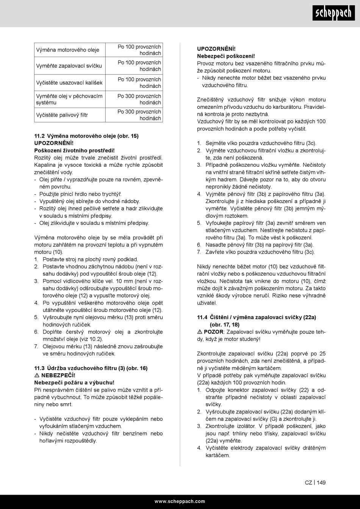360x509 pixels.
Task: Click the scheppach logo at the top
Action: tap(333, 13)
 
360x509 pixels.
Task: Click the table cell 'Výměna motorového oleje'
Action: tap(67, 50)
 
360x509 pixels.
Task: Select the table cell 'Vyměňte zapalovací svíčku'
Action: tap(69, 66)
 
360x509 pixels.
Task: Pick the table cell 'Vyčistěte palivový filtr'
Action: tap(62, 115)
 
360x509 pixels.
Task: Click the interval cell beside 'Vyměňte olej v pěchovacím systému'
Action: tap(139, 99)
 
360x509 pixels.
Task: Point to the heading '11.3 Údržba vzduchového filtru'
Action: tap(91, 368)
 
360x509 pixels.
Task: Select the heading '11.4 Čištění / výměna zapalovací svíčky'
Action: tap(257, 317)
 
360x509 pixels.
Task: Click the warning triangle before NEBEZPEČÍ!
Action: tap(37, 375)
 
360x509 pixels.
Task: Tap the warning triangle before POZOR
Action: tap(199, 332)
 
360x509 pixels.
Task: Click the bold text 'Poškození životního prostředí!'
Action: tap(74, 150)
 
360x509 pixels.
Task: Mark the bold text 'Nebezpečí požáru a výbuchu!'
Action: tap(74, 382)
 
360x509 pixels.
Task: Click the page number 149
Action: tap(321, 482)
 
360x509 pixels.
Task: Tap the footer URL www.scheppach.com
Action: tap(180, 501)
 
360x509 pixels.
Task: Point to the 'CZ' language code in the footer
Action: tap(308, 482)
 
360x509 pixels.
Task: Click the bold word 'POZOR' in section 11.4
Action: tap(213, 332)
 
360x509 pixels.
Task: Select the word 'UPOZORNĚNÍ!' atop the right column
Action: tap(216, 49)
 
